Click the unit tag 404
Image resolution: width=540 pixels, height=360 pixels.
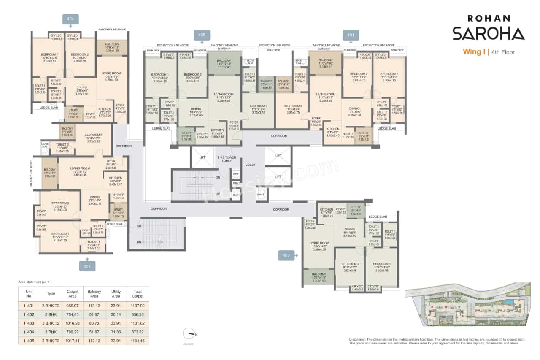click(70, 19)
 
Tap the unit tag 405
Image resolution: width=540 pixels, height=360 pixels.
click(202, 35)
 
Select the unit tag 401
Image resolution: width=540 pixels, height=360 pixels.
click(351, 35)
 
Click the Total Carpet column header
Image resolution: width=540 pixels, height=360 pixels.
click(138, 294)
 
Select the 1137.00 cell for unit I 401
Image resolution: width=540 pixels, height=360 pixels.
click(138, 306)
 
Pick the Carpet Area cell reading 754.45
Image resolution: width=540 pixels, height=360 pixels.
click(73, 314)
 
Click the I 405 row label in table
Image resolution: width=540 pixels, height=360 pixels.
click(29, 340)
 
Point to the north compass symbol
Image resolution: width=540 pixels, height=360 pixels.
click(189, 334)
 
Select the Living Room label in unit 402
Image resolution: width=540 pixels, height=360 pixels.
click(319, 243)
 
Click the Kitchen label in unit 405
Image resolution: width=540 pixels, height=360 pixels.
click(218, 130)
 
